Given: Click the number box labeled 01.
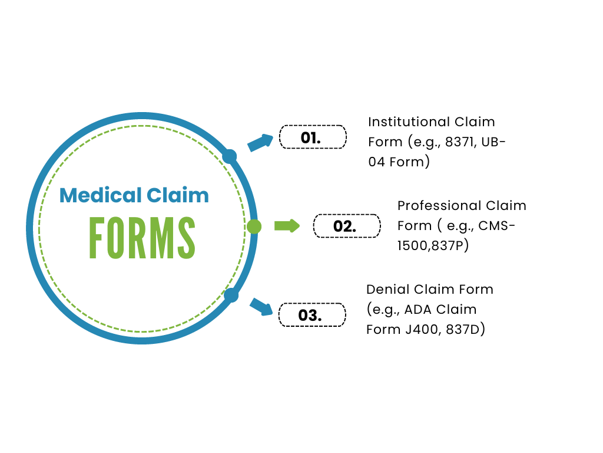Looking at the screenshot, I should tap(312, 137).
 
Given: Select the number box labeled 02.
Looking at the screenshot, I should tap(346, 226).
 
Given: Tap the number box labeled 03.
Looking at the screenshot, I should tap(312, 314).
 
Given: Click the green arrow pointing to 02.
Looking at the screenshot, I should tap(287, 226).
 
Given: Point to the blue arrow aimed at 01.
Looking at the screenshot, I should tap(260, 142).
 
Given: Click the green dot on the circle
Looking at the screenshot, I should tap(254, 226).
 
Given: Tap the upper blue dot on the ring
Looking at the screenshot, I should tap(230, 156).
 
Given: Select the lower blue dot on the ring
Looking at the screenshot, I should tap(231, 295).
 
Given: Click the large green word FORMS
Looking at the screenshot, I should tap(142, 238).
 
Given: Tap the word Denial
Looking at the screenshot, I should tap(383, 290).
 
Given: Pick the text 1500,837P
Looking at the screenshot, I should tap(433, 245).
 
